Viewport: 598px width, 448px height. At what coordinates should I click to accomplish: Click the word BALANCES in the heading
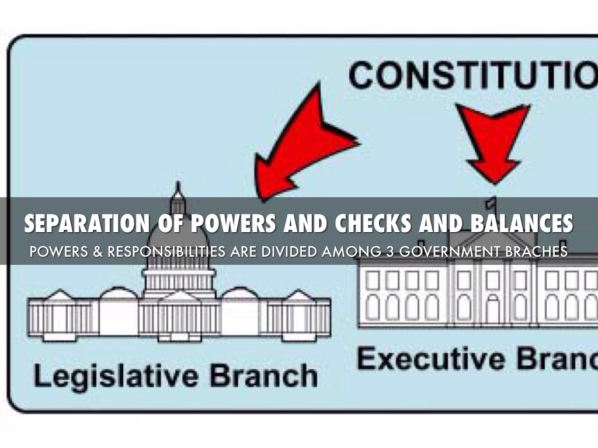pos(517,223)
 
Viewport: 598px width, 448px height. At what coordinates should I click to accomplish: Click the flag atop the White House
pos(492,202)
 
